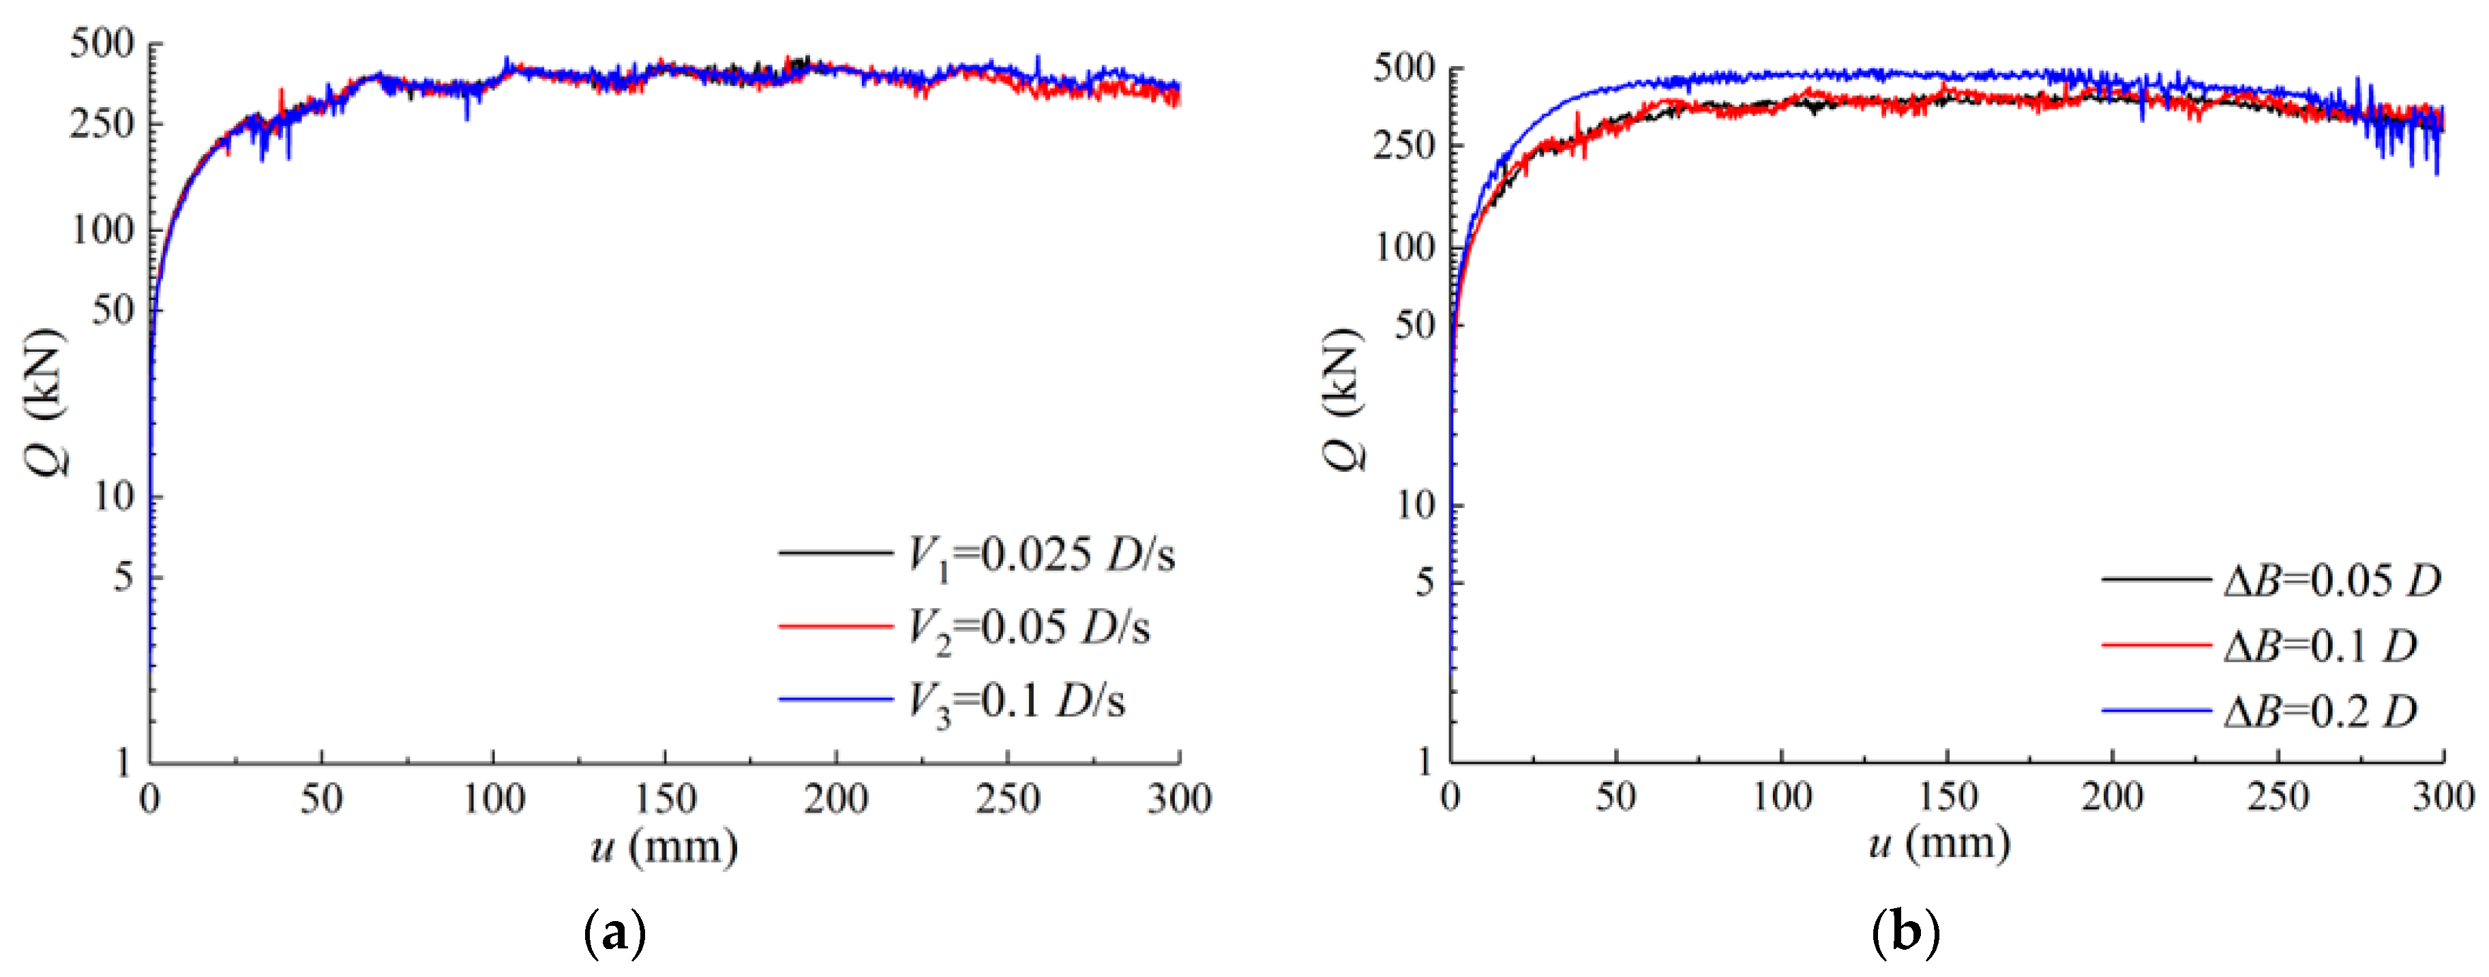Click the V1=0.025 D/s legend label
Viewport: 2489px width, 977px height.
(1041, 556)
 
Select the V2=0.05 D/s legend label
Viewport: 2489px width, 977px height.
(1028, 628)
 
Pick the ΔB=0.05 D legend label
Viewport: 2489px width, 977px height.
(2331, 581)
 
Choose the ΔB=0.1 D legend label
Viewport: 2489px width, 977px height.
(2319, 646)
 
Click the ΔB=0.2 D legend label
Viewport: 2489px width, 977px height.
(2319, 712)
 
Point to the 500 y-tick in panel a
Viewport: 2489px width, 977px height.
(102, 44)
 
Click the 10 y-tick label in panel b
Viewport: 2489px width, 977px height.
(1416, 505)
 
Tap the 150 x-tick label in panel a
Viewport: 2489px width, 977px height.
(665, 799)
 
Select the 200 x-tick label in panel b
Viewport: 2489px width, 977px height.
(2112, 797)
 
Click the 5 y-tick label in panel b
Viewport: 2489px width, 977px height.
(1425, 583)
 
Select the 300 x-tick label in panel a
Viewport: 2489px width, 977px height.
(1179, 799)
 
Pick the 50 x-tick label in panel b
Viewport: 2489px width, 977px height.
(1615, 797)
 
